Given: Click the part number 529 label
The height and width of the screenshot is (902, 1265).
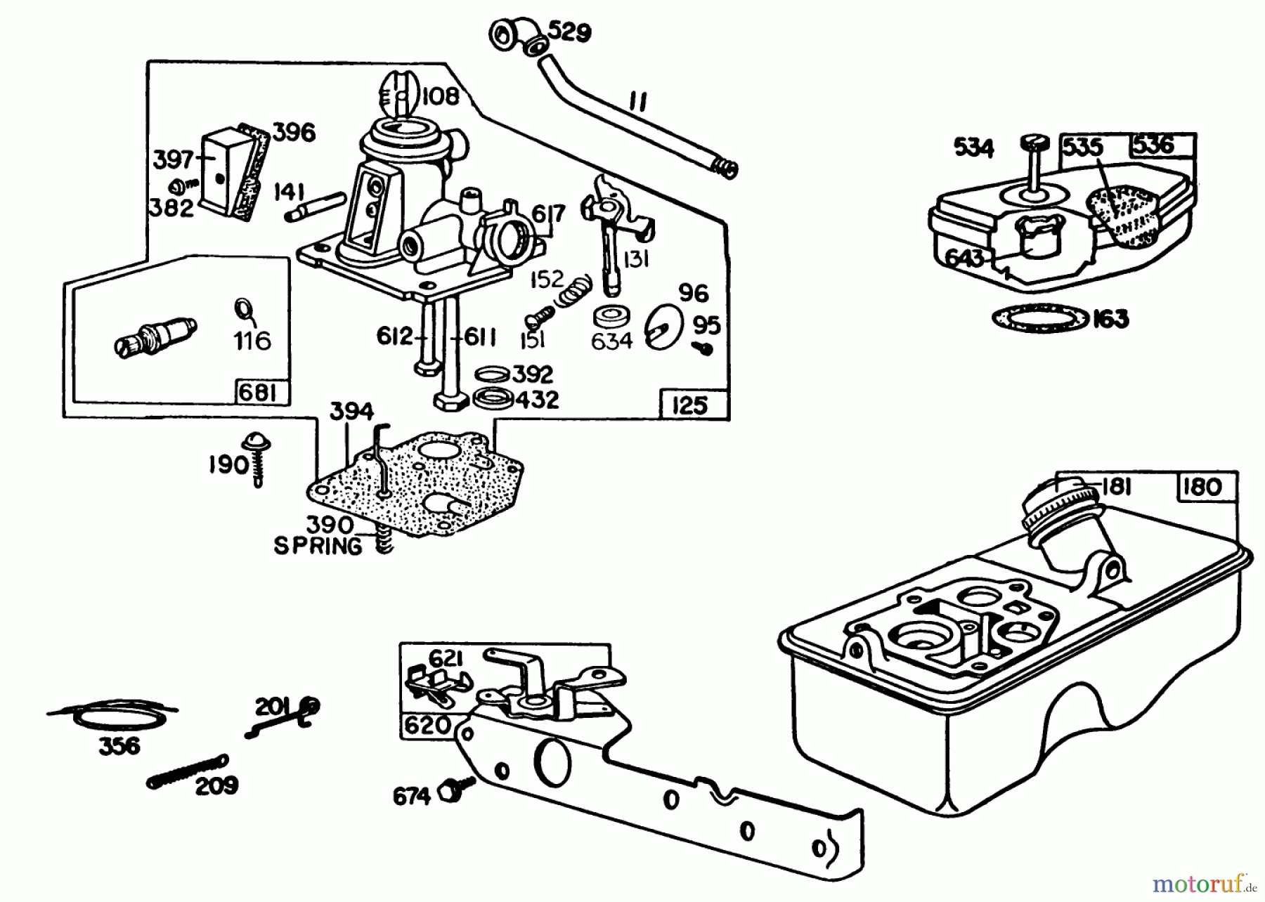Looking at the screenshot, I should [569, 32].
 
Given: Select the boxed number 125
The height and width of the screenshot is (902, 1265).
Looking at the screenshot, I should [689, 406].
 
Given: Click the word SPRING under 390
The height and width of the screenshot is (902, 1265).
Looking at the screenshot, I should [318, 546].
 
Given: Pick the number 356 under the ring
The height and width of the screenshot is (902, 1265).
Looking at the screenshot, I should [119, 746].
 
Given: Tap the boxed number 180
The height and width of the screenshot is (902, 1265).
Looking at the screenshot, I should [1202, 487].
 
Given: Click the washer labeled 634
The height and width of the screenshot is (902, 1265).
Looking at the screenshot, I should [611, 317].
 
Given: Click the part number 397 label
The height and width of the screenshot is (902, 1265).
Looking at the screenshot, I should [173, 159].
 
